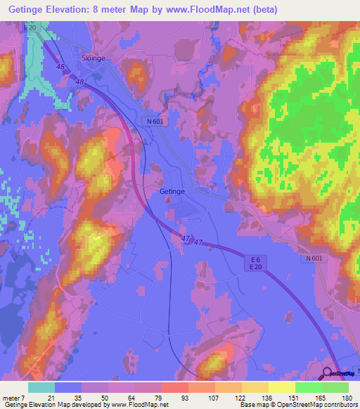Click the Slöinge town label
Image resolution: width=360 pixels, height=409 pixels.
pos(93,58)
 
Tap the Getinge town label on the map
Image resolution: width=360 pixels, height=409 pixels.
pos(172,190)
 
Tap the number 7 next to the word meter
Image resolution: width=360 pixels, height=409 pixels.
pos(22,397)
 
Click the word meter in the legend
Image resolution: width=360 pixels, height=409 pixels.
pos(10,397)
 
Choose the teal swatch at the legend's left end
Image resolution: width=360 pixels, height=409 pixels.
pos(41,387)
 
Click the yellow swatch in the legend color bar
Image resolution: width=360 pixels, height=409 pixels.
pos(282,387)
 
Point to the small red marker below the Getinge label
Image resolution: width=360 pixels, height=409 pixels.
pos(168,199)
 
